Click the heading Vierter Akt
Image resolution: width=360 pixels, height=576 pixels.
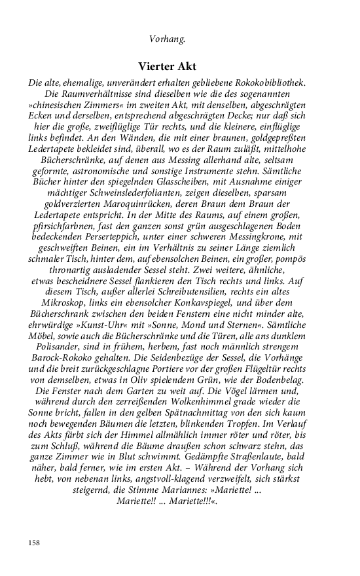(168, 66)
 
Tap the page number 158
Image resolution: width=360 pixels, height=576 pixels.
(35, 543)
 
